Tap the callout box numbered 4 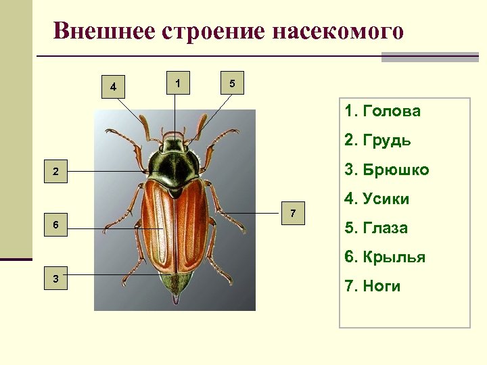[113, 87]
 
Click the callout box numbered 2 [55, 172]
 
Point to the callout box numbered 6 [55, 224]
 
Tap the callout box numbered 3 [55, 278]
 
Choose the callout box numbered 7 [292, 214]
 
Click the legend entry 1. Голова [382, 111]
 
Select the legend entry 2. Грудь [377, 141]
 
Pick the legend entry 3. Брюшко [386, 170]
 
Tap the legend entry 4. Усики [377, 199]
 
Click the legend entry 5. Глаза [376, 228]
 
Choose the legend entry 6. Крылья [385, 257]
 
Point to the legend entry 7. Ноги [373, 286]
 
